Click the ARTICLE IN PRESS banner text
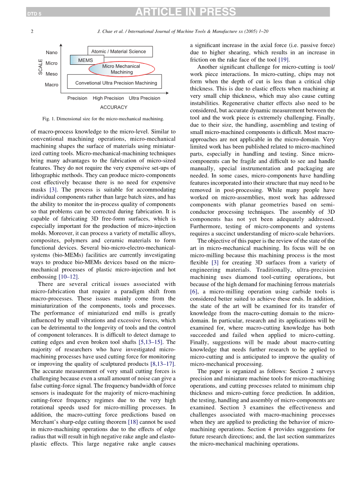pyautogui.click(x=185, y=12)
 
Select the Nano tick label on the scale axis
pyautogui.click(x=51, y=53)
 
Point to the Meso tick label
pyautogui.click(x=51, y=74)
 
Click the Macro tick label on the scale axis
pyautogui.click(x=51, y=85)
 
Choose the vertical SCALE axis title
pyautogui.click(x=40, y=67)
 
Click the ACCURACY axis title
pyautogui.click(x=114, y=107)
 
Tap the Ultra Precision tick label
pyautogui.click(x=144, y=98)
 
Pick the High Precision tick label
pyautogui.click(x=108, y=98)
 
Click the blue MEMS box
pyautogui.click(x=86, y=60)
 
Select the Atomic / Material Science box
pyautogui.click(x=119, y=51)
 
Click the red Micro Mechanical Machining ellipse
pyautogui.click(x=121, y=69)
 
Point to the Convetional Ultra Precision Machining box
pyautogui.click(x=116, y=83)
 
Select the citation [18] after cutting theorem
pyautogui.click(x=133, y=422)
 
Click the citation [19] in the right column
pyautogui.click(x=283, y=60)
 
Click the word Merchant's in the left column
pyautogui.click(x=45, y=422)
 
